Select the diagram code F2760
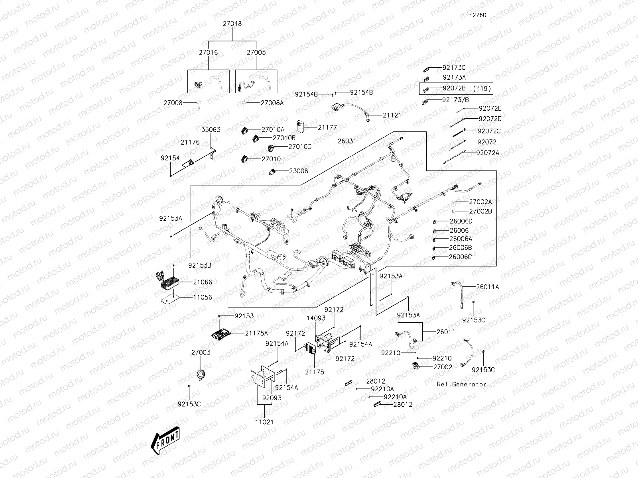pyautogui.click(x=477, y=15)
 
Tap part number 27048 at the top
pyautogui.click(x=232, y=24)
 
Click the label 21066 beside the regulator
pyautogui.click(x=203, y=282)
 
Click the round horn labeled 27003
pyautogui.click(x=201, y=373)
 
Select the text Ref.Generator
pyautogui.click(x=461, y=384)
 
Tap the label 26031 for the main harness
pyautogui.click(x=347, y=141)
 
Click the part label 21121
pyautogui.click(x=392, y=115)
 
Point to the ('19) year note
pyautogui.click(x=482, y=88)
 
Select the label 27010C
pyautogui.click(x=300, y=147)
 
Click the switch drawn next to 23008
pyautogui.click(x=273, y=172)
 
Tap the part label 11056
pyautogui.click(x=203, y=297)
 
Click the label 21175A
pyautogui.click(x=256, y=333)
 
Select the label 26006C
pyautogui.click(x=460, y=257)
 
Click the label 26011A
pyautogui.click(x=487, y=287)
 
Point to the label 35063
pyautogui.click(x=211, y=130)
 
